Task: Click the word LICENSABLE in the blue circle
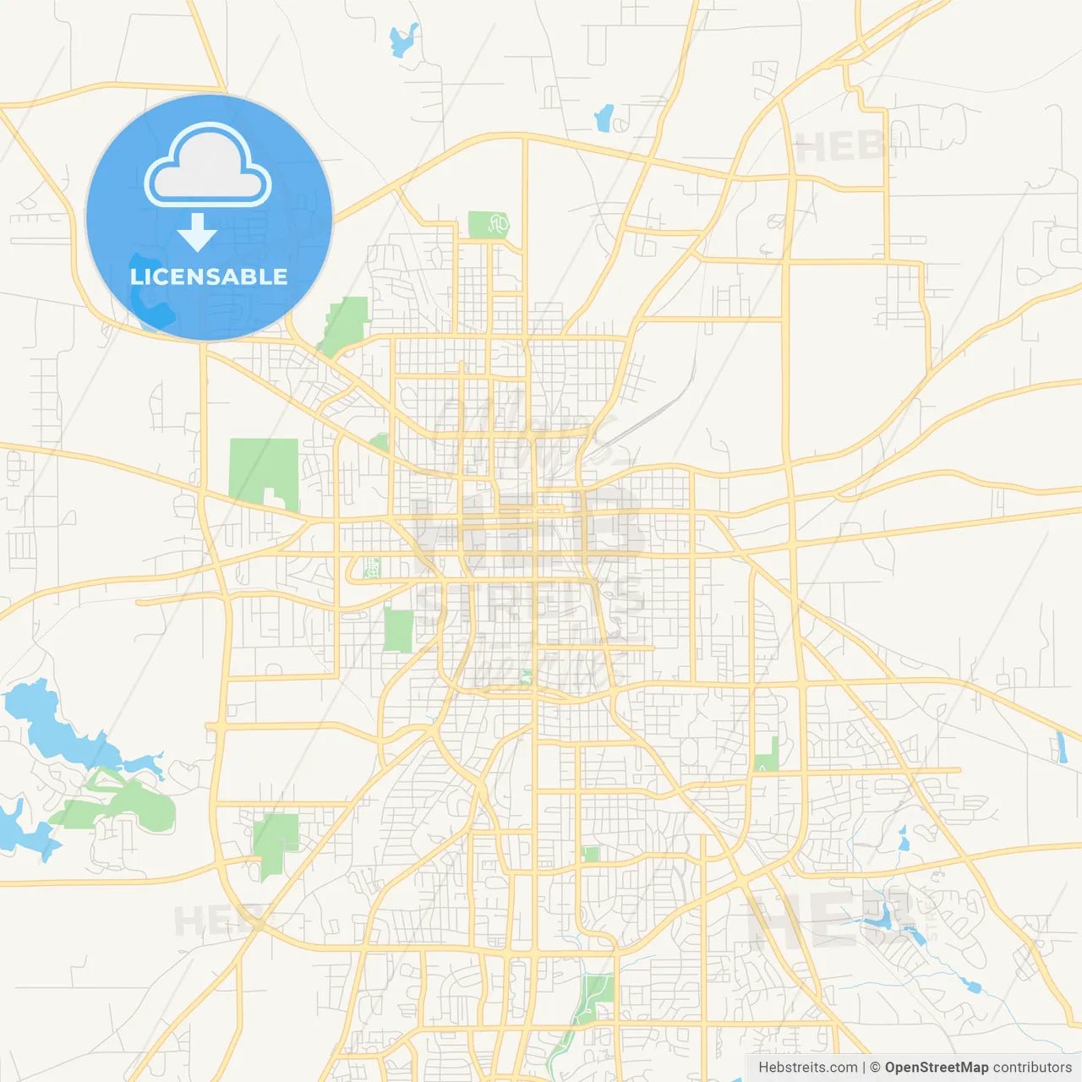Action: tap(209, 276)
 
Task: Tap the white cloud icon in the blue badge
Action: tap(208, 167)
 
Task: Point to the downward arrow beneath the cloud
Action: tap(197, 232)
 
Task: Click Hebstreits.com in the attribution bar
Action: tap(807, 1068)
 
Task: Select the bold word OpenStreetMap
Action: tap(936, 1068)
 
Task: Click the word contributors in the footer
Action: tap(1031, 1068)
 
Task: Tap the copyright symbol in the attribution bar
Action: tap(876, 1068)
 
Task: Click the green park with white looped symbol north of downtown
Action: tap(489, 225)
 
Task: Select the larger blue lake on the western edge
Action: tap(51, 727)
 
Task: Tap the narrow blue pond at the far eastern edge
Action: tap(1061, 747)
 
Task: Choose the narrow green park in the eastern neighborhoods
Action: tap(767, 755)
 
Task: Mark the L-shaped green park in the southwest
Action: tap(275, 841)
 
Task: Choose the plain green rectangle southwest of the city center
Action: tap(397, 630)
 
